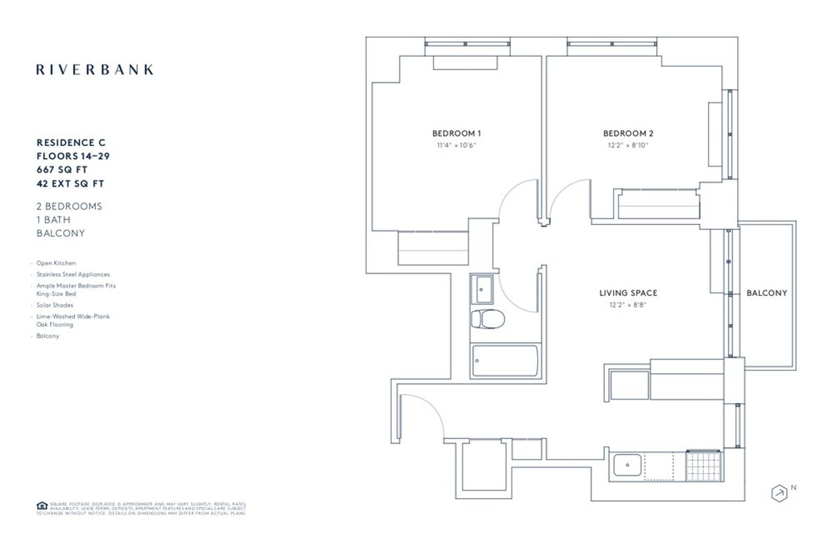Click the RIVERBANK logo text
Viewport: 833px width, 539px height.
click(x=94, y=69)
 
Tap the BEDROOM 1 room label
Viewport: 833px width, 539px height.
click(x=457, y=133)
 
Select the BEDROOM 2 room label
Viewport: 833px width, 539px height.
click(x=628, y=133)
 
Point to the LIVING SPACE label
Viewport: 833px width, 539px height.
click(x=628, y=293)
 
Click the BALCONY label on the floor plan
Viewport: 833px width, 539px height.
click(x=766, y=293)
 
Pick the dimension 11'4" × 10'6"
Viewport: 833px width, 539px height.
click(x=457, y=146)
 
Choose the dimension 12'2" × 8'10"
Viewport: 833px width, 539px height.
click(x=628, y=146)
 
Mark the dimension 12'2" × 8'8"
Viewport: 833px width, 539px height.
click(x=628, y=305)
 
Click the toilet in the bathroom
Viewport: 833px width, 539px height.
click(x=487, y=320)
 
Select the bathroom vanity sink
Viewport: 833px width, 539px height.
click(x=482, y=289)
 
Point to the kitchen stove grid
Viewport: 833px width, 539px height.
click(x=703, y=465)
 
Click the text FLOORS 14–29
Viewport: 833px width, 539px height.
click(x=73, y=156)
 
